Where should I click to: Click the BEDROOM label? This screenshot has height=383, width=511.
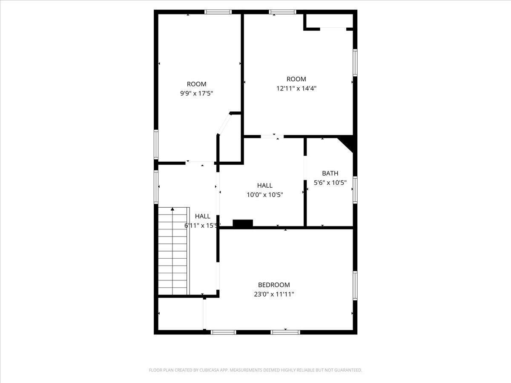[x=274, y=285]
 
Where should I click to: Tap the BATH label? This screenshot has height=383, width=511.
[x=330, y=173]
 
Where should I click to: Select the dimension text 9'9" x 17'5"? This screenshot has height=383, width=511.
[x=197, y=94]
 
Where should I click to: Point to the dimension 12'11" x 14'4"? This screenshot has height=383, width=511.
[x=296, y=89]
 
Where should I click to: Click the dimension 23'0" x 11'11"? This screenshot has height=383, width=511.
[x=274, y=294]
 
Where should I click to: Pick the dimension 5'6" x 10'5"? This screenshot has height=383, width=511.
[x=330, y=183]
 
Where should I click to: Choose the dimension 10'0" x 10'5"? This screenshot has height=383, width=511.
[x=265, y=195]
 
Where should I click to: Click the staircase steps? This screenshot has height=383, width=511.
[x=172, y=251]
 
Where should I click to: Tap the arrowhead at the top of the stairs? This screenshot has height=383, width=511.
[x=172, y=209]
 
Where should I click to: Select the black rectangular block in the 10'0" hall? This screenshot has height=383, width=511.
[x=243, y=223]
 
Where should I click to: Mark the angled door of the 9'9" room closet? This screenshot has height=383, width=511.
[x=224, y=124]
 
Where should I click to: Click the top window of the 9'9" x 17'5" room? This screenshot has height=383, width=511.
[x=218, y=12]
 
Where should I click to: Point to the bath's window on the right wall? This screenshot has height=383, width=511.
[x=355, y=190]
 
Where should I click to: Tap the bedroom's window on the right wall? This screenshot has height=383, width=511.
[x=355, y=286]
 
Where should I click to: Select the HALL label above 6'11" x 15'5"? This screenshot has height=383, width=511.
[x=203, y=216]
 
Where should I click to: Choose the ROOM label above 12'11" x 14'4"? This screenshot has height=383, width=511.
[x=296, y=79]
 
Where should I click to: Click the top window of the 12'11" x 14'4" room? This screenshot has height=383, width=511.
[x=283, y=12]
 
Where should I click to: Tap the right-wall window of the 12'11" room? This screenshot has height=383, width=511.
[x=355, y=63]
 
